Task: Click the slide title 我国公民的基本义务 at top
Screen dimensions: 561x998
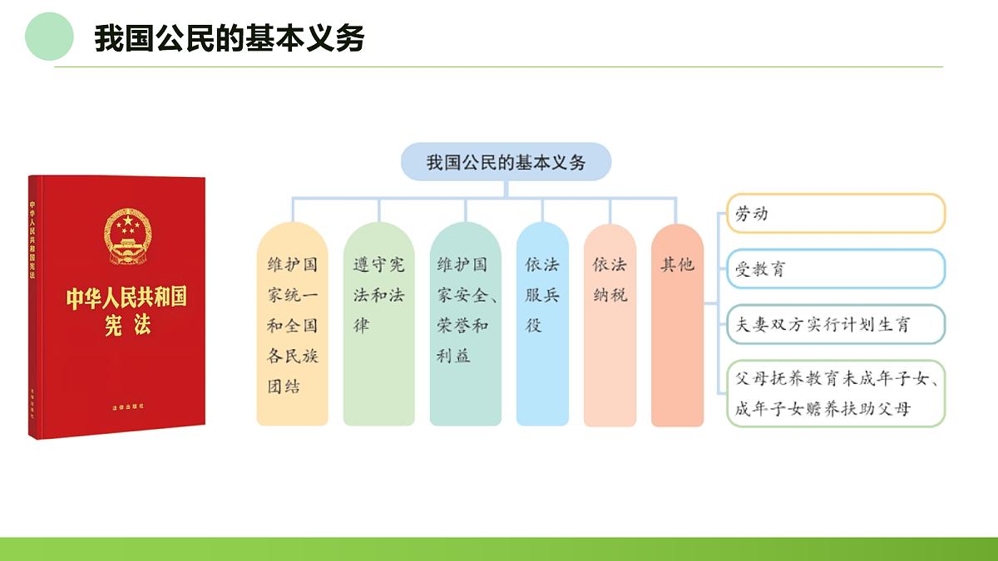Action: point(229,38)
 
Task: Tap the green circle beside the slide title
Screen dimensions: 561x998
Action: point(49,36)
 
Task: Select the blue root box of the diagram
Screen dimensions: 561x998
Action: point(506,162)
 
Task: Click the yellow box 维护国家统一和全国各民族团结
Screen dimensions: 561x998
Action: point(292,324)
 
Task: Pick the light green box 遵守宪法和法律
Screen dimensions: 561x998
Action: point(378,324)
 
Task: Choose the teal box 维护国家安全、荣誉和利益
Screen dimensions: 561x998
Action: point(465,324)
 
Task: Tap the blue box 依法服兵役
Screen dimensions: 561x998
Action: point(542,324)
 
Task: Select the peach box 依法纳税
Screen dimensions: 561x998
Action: point(610,324)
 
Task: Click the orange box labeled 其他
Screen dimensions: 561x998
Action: point(677,324)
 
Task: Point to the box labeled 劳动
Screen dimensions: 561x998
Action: point(836,214)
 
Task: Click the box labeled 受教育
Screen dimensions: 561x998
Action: point(836,269)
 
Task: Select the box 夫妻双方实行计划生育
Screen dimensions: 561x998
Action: point(836,324)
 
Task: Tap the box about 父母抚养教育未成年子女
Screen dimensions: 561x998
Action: point(836,394)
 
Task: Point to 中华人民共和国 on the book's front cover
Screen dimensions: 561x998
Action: point(127,298)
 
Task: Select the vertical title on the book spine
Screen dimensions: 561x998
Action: point(33,241)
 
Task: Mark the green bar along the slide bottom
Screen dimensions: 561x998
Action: point(499,549)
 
